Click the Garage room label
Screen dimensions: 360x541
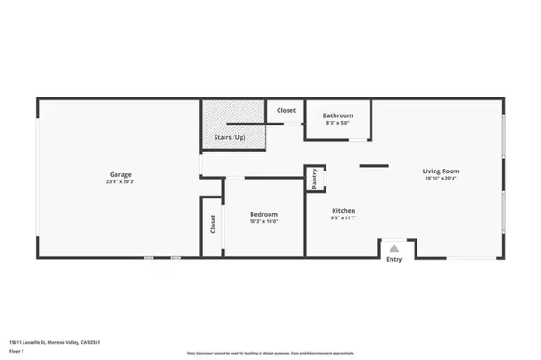point(121,174)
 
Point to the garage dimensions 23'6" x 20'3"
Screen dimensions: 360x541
point(121,181)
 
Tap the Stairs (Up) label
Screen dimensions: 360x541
point(229,137)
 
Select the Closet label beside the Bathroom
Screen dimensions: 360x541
point(286,111)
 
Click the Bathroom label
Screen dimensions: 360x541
point(337,115)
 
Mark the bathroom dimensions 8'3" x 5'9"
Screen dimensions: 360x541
point(337,123)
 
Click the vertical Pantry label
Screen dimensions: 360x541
point(314,178)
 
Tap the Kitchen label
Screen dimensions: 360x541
point(343,211)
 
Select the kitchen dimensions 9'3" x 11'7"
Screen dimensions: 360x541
point(343,218)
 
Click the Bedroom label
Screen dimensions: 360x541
point(263,214)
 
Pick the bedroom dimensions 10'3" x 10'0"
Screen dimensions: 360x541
point(263,221)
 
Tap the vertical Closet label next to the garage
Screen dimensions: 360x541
point(213,226)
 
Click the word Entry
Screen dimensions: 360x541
point(394,260)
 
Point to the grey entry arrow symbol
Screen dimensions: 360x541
point(394,247)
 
